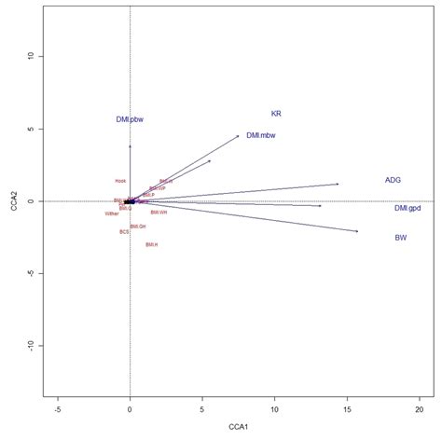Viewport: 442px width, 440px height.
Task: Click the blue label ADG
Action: click(393, 180)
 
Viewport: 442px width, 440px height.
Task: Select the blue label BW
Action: click(400, 239)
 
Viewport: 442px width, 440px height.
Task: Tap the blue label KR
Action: click(276, 114)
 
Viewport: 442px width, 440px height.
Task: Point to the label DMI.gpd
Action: click(407, 208)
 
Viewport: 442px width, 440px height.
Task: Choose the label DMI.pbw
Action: click(130, 119)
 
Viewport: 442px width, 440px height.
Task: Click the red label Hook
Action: click(120, 181)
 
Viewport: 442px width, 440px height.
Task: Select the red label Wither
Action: click(112, 213)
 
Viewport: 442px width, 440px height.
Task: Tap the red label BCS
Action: click(123, 231)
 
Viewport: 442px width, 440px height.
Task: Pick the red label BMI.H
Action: click(151, 244)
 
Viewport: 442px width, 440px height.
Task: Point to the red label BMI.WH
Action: click(159, 213)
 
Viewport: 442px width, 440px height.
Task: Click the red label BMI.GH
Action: click(138, 226)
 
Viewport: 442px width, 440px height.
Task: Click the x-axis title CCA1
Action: click(238, 427)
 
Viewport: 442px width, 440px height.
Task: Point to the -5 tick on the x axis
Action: click(58, 408)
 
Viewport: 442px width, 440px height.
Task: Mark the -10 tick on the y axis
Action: click(30, 345)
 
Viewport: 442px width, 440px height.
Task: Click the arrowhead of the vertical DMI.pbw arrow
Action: click(130, 145)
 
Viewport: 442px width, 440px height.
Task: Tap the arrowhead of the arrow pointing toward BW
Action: click(356, 231)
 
